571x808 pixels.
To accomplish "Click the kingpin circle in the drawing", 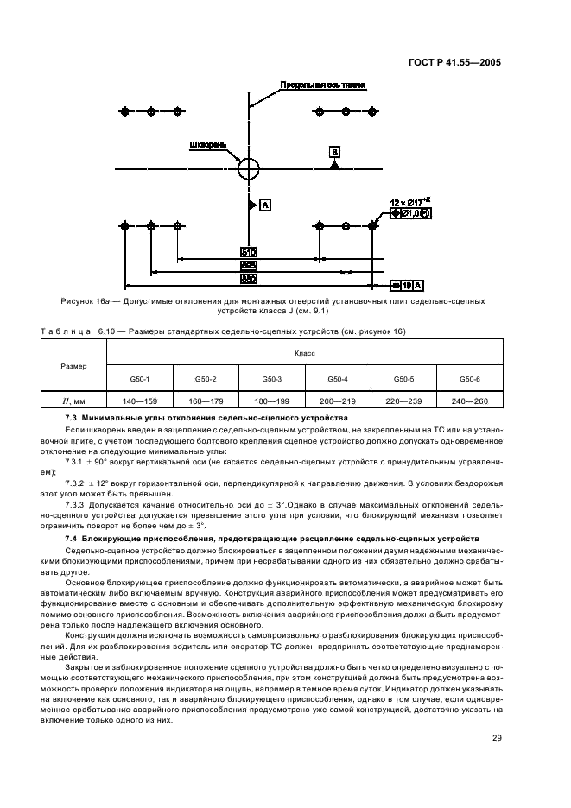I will pos(249,167).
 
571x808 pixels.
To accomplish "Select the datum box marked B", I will pos(334,152).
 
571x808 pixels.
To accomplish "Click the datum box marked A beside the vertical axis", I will pos(265,205).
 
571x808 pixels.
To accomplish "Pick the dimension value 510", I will pos(248,253).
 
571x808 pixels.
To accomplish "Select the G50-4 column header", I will pos(338,379).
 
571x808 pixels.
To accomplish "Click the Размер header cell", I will pos(73,366).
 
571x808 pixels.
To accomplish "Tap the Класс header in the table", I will pos(304,354).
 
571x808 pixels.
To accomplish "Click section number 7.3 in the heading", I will pos(72,418).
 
